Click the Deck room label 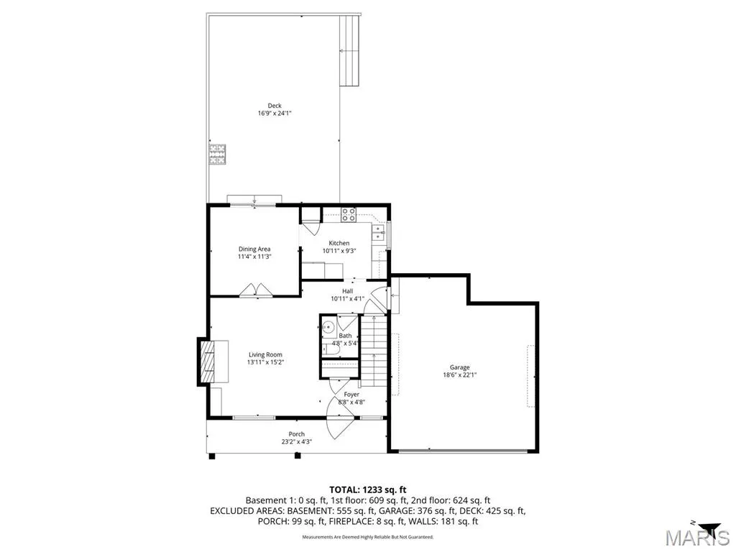coord(275,106)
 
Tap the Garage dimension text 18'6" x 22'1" coord(460,375)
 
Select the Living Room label coord(266,355)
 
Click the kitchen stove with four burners coord(349,214)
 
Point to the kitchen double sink coord(378,233)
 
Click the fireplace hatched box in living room coord(207,362)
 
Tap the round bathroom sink coord(328,327)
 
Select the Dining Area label coord(254,249)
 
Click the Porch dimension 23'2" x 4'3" coord(297,442)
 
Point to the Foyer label coord(351,395)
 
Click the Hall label coord(347,292)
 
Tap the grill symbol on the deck coord(217,155)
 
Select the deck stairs coord(350,50)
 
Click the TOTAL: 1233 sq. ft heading coord(367,490)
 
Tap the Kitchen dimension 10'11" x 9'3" coord(339,251)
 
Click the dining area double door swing coord(255,290)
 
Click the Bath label coord(345,336)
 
